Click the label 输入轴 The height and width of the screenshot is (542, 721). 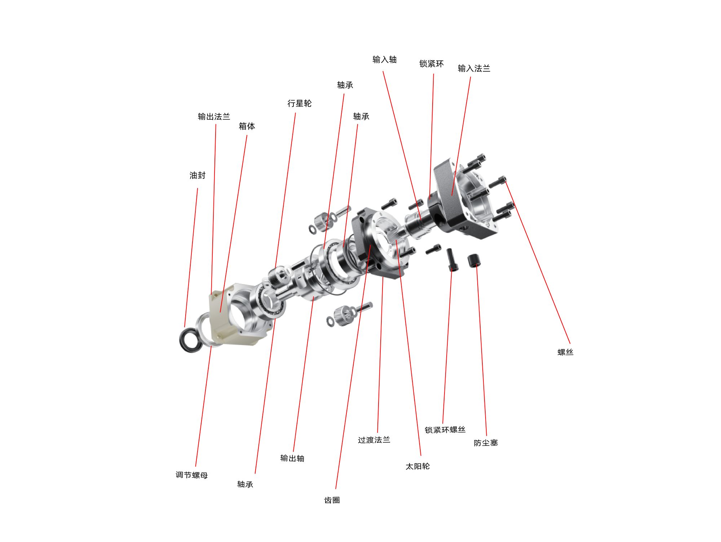point(385,59)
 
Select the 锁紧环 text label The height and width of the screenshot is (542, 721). point(432,64)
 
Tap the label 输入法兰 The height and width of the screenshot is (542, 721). point(474,68)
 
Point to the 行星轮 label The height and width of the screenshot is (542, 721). point(300,103)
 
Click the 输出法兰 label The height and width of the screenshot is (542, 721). point(214,116)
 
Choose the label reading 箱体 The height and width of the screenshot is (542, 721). point(247,126)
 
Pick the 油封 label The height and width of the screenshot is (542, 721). point(198,175)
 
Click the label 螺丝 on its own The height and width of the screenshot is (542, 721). point(565,352)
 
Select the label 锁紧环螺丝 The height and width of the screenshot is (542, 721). point(445,430)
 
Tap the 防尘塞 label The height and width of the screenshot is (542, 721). point(486,443)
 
